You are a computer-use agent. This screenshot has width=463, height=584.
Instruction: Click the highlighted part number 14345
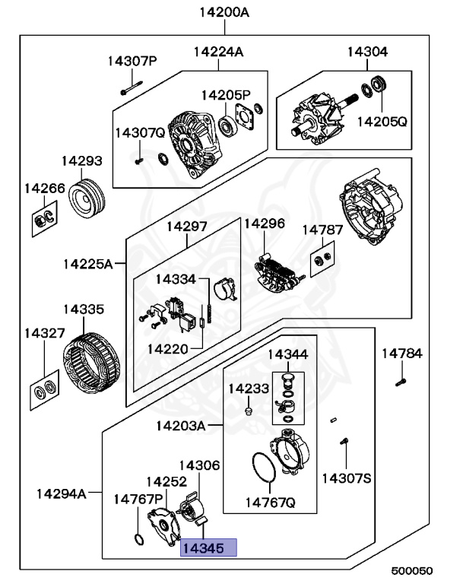[x=208, y=547]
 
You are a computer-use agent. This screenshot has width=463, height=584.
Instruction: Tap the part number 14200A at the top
[x=224, y=11]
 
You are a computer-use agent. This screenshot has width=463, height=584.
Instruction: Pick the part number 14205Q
[x=382, y=121]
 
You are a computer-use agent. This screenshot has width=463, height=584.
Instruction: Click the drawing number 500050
[x=411, y=570]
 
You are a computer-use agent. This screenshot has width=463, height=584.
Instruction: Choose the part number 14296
[x=264, y=223]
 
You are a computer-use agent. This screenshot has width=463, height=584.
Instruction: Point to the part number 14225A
[x=87, y=264]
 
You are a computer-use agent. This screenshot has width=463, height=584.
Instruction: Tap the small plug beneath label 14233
[x=247, y=411]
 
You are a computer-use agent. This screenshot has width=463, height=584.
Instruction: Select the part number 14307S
[x=346, y=478]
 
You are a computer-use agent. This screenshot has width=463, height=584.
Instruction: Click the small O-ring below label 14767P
[x=138, y=541]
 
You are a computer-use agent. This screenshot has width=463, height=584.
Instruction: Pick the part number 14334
[x=176, y=279]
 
